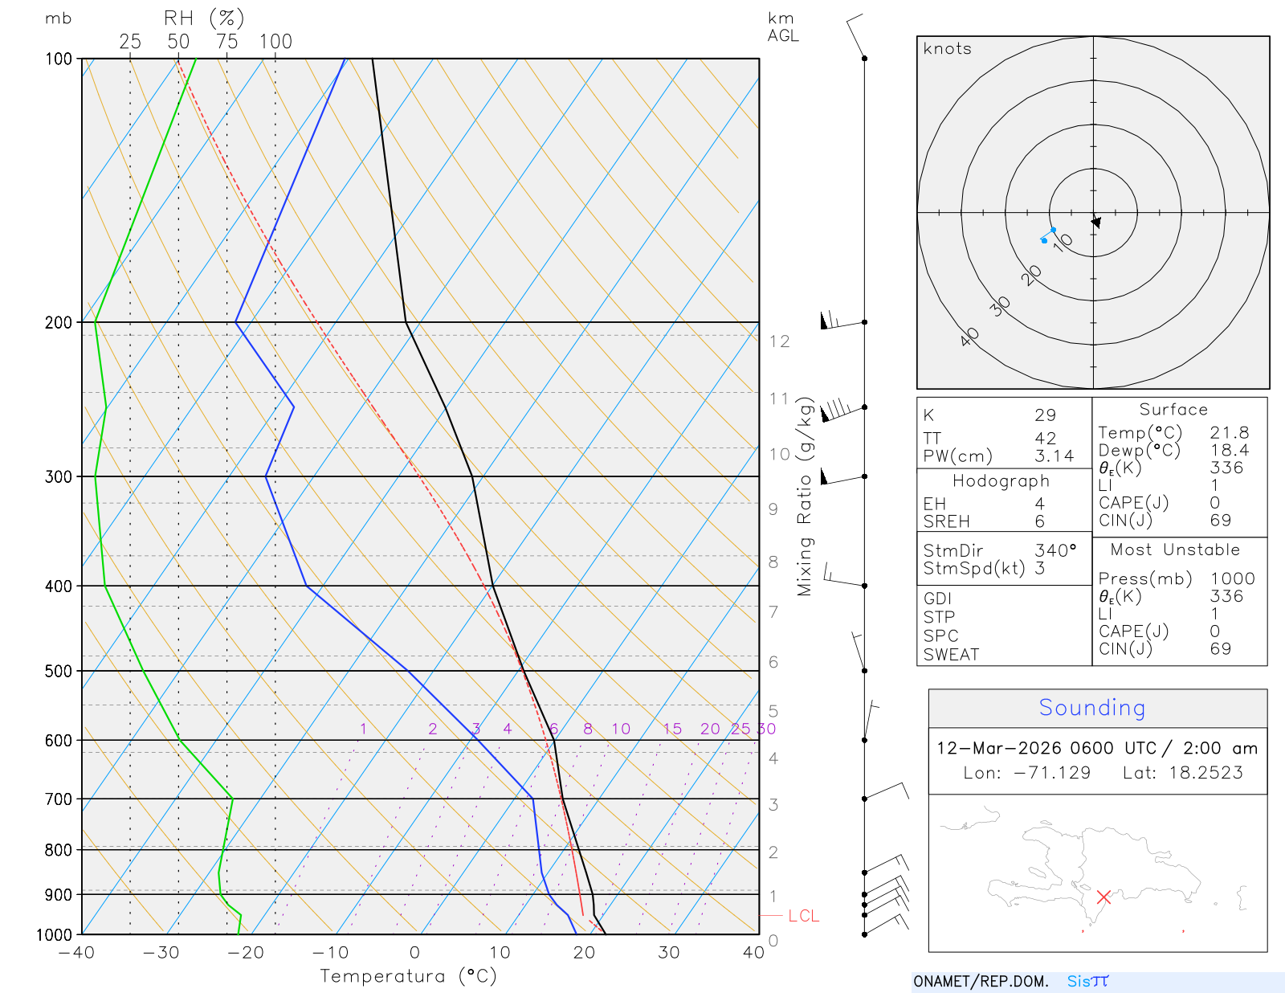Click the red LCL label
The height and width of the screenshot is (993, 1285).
[x=803, y=916]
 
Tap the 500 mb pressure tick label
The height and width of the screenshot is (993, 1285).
[x=59, y=671]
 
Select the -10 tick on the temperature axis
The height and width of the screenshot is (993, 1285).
[x=330, y=953]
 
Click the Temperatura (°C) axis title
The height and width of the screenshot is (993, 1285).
[x=408, y=976]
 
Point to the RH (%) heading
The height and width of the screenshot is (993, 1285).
[x=204, y=18]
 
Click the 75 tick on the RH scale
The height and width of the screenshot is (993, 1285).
[x=227, y=42]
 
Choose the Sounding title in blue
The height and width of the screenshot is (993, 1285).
[x=1091, y=708]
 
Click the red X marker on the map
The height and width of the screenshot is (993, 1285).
[x=1103, y=897]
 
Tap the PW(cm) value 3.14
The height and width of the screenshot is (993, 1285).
[x=1054, y=456]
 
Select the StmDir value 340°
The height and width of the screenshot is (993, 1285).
[x=1055, y=550]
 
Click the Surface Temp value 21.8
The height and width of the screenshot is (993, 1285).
[x=1229, y=432]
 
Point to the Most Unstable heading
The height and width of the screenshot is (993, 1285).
[x=1175, y=550]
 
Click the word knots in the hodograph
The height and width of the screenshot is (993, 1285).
[x=947, y=49]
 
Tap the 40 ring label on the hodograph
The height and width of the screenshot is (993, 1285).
[x=970, y=337]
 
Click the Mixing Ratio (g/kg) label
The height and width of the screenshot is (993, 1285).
[x=805, y=496]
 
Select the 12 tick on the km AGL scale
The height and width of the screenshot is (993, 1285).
[x=779, y=341]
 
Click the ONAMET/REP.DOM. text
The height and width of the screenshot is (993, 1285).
[x=981, y=981]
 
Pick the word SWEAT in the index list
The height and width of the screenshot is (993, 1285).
[x=951, y=654]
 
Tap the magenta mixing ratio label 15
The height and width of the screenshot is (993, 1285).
[x=672, y=729]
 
